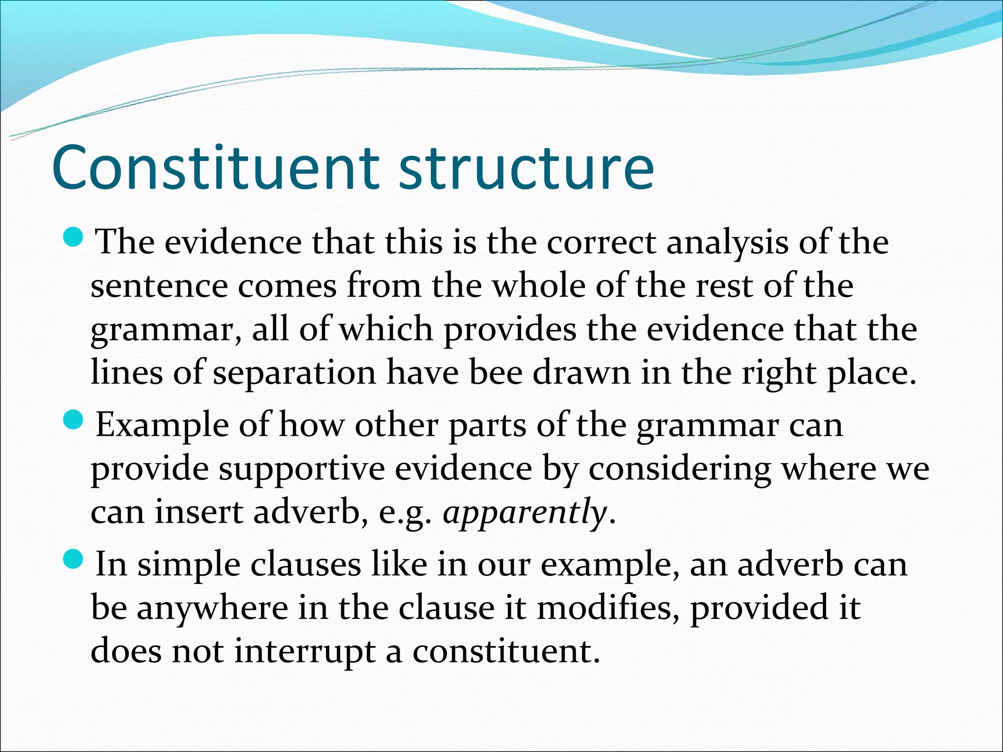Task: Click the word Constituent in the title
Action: point(215,167)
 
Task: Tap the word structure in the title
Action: point(526,167)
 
